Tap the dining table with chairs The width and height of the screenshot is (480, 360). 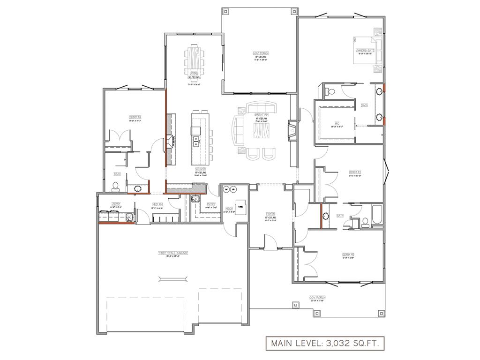pos(195,58)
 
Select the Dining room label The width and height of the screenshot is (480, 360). pos(194,74)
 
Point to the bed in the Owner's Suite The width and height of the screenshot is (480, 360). pos(364,49)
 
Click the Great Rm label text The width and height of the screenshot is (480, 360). pos(261,115)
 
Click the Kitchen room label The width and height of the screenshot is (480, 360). pos(201,169)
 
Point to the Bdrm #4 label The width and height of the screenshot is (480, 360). pos(135,117)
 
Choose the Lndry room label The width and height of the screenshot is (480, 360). pos(116,203)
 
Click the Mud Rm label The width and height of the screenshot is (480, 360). pos(157,204)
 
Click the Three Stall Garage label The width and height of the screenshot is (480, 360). pos(173,253)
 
